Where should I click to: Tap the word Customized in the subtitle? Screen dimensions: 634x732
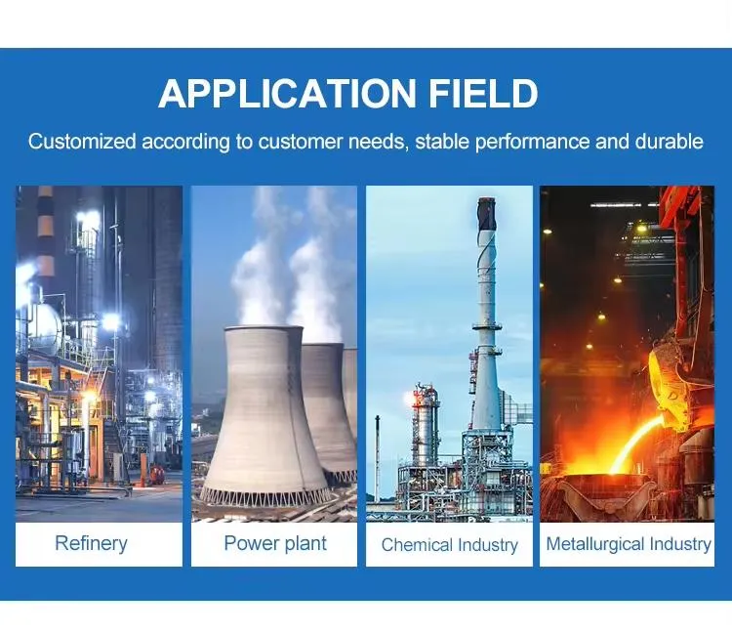coord(82,142)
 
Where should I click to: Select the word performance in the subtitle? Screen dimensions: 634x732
coord(538,142)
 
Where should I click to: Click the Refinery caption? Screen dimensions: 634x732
coord(91,544)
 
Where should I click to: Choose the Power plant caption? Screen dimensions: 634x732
coord(275,544)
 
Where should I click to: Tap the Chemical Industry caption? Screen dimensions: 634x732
coord(449,545)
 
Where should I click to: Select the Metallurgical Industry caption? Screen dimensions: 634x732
coord(628,544)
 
